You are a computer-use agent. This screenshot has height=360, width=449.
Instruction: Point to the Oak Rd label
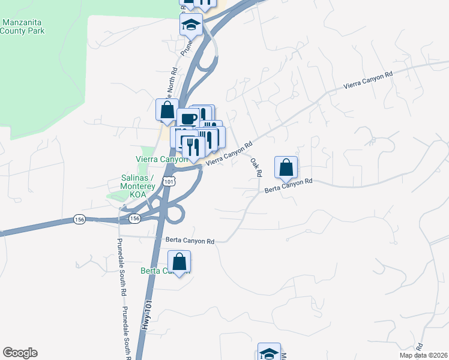click(256, 167)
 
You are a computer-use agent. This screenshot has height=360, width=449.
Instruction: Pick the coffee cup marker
click(188, 119)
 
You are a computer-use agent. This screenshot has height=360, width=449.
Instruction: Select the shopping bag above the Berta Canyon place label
click(179, 262)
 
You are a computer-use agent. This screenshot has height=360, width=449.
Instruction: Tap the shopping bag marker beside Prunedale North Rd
click(166, 110)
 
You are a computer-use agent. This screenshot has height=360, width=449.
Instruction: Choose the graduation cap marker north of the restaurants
click(191, 25)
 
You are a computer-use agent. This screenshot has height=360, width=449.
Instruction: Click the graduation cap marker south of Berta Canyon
click(269, 353)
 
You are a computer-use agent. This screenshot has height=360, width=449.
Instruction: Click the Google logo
click(20, 353)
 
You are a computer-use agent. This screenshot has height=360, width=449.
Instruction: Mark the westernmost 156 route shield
click(79, 219)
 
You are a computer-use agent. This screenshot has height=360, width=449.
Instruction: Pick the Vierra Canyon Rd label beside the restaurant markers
click(229, 154)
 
